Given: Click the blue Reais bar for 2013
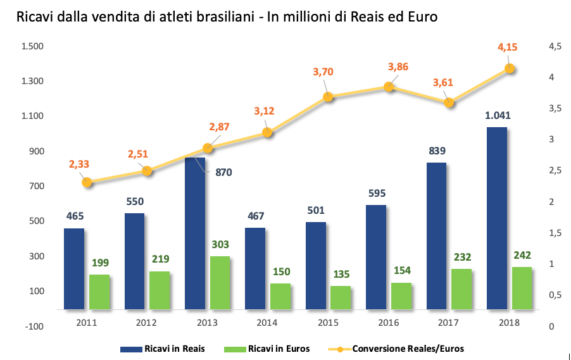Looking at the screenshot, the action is coord(195,233).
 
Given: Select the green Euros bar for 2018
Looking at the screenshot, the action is coord(522,289).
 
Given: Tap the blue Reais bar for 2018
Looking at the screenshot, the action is coord(497,218).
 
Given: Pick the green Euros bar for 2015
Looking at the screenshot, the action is coord(341,298).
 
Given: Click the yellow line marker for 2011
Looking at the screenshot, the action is coord(87,182).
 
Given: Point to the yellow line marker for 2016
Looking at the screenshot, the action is coord(389,87).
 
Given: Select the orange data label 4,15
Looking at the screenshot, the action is coord(507,47).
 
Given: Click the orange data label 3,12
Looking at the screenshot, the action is coord(264,111).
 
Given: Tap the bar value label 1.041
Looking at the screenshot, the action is coord(498,115).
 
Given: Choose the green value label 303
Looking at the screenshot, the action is coord(220,244).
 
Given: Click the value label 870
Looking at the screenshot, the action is coord(223,172).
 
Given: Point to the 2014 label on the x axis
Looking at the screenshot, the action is coord(267,323).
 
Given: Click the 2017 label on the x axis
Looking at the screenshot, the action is coord(448,323).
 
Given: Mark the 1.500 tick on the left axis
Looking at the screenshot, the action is coord(32,46).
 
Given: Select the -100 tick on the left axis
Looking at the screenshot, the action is coord(34,326).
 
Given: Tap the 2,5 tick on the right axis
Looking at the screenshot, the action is coord(555,170).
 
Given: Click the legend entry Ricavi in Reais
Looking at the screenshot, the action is coord(163,349).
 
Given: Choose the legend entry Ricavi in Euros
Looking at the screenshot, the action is coord(267,349).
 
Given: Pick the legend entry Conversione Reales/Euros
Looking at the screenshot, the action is coord(396,349).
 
